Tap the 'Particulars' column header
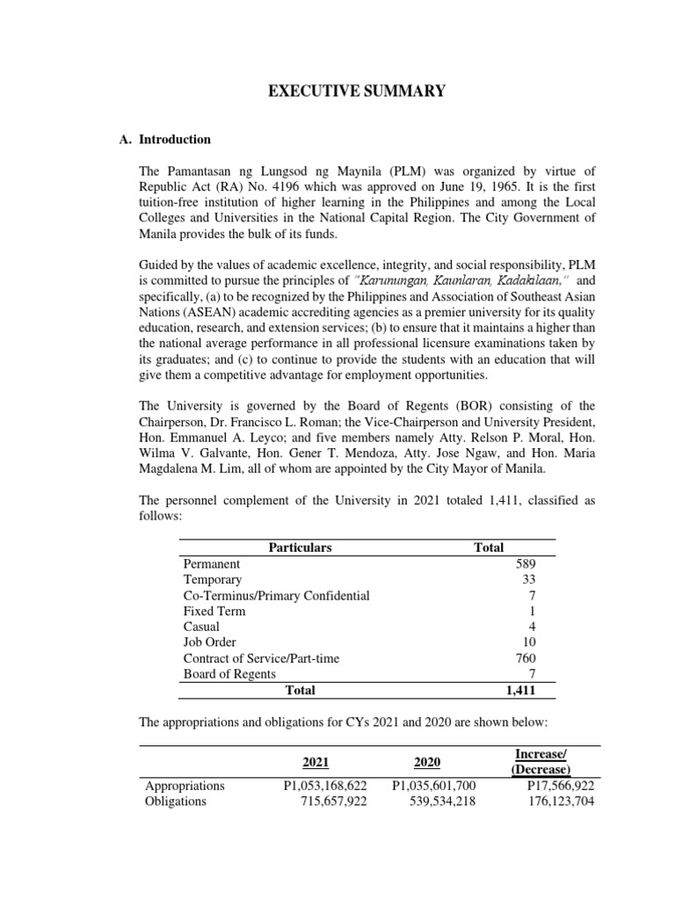pos(301,547)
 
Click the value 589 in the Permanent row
pos(526,563)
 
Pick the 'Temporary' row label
pos(212,579)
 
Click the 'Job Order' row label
pos(209,642)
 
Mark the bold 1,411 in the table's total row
pos(521,691)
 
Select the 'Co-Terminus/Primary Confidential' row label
pos(276,595)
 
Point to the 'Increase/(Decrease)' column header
pos(552,762)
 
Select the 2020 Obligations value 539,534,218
pos(432,802)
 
